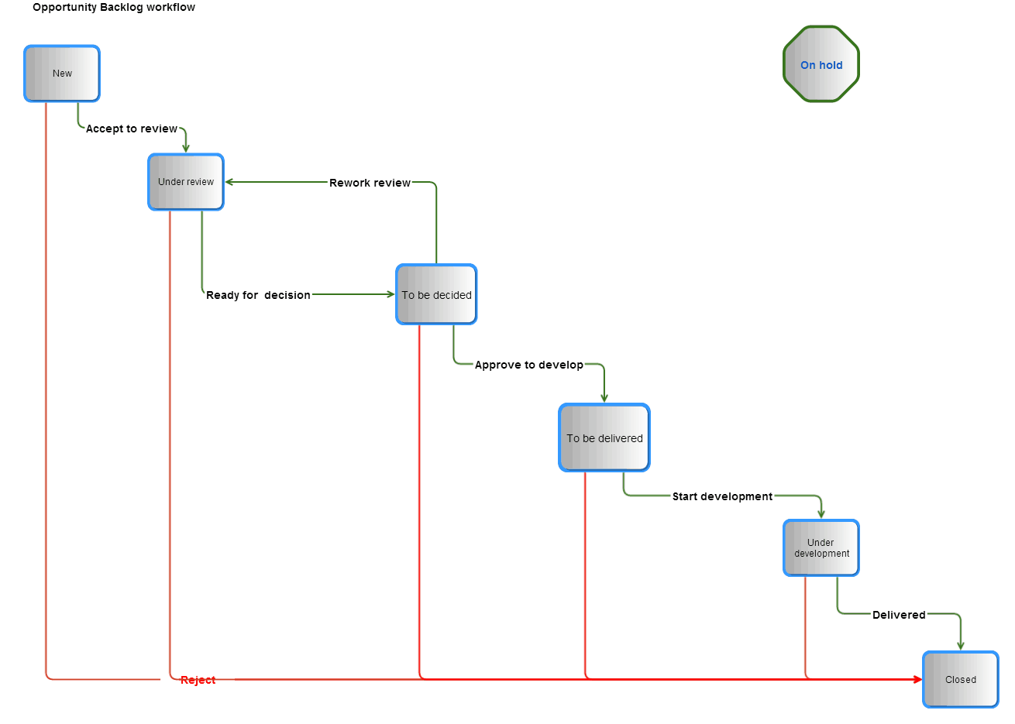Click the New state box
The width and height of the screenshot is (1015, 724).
pos(62,74)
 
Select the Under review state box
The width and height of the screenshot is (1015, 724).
pos(186,182)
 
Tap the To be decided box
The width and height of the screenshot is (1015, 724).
pos(436,295)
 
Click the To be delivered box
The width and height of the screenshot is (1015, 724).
pos(604,438)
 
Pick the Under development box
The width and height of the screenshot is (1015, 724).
pos(821,548)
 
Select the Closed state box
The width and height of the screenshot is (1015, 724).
pos(961,680)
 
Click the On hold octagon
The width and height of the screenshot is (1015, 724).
pos(821,65)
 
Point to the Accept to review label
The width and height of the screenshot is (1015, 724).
pos(132,129)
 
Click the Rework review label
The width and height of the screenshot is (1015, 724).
pos(370,183)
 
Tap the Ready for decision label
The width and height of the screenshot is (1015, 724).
pos(258,295)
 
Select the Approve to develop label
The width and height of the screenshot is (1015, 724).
pos(529,365)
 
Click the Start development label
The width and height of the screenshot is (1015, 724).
pos(722,496)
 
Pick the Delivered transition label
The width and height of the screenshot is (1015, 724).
pos(899,615)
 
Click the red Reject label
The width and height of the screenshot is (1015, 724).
pos(198,680)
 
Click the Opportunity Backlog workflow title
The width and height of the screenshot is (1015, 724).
pos(114,8)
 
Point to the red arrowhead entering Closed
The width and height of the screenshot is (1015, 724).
pos(918,679)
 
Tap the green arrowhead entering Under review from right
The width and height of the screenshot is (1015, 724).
pos(229,182)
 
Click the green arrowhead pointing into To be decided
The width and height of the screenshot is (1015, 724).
pos(391,294)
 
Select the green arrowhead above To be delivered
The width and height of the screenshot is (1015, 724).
pos(604,398)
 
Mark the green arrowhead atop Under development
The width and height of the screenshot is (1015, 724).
pos(821,514)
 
